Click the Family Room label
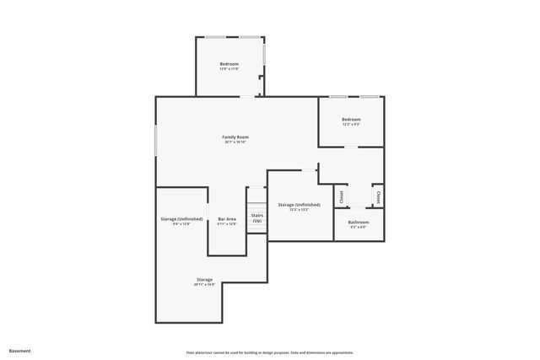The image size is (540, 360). click(235, 137)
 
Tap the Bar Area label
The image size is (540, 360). click(226, 218)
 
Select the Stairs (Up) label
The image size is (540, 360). click(256, 218)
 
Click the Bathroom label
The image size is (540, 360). click(359, 222)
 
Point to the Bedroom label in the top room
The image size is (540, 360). click(229, 64)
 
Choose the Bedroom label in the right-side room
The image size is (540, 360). click(351, 120)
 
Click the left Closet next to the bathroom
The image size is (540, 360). click(342, 196)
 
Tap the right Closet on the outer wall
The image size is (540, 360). click(379, 196)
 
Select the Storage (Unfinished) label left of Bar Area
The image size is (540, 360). click(181, 218)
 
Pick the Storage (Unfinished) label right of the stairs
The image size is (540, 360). click(299, 205)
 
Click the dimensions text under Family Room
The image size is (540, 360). click(235, 142)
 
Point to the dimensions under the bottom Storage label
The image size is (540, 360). click(204, 285)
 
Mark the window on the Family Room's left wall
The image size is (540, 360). click(155, 140)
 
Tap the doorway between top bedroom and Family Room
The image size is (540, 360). click(246, 96)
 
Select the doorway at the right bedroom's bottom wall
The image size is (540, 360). click(350, 147)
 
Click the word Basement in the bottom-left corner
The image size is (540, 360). click(19, 351)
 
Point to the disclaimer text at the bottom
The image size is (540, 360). click(269, 352)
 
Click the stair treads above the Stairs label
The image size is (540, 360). click(256, 206)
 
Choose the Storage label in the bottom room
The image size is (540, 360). click(204, 279)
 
